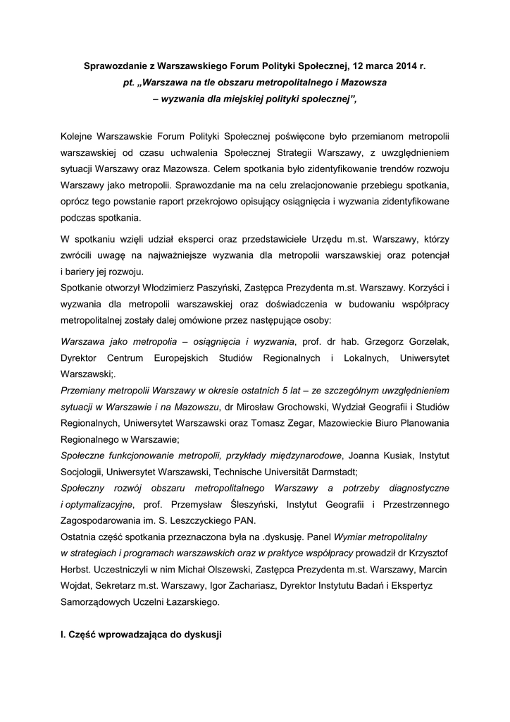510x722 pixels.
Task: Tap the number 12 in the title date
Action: [x=356, y=68]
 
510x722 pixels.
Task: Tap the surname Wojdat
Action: [x=77, y=585]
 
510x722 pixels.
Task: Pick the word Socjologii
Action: [x=83, y=472]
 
